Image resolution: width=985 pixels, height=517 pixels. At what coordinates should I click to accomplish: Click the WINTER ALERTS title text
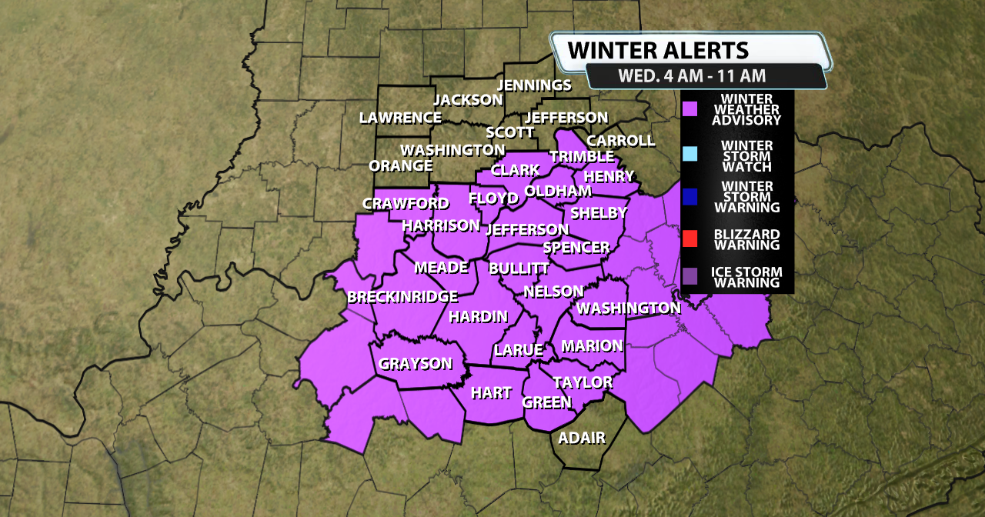(658, 51)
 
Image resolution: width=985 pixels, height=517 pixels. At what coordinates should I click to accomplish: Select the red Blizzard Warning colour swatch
(690, 239)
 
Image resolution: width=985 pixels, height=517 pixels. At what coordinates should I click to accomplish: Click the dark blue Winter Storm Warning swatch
(690, 197)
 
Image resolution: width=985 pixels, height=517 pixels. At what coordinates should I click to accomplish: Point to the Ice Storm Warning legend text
(746, 277)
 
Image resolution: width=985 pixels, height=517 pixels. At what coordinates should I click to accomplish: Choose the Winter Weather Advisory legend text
(746, 110)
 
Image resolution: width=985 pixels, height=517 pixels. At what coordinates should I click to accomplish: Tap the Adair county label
(582, 439)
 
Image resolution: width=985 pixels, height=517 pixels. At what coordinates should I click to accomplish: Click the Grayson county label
(416, 364)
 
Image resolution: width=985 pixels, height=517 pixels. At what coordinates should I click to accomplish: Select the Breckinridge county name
(402, 297)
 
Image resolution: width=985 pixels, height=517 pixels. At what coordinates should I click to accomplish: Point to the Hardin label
(478, 316)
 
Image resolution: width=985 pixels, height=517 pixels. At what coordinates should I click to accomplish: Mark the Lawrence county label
(400, 118)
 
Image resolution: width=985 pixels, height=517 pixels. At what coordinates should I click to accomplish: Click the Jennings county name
(535, 85)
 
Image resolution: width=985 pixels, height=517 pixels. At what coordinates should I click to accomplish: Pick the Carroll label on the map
(620, 141)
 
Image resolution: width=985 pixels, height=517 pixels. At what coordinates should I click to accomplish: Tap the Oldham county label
(558, 191)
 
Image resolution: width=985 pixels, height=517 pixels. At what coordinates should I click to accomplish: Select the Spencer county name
(576, 247)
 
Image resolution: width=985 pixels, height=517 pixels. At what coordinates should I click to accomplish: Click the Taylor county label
(583, 382)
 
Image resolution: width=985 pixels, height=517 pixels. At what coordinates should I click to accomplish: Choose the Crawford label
(406, 203)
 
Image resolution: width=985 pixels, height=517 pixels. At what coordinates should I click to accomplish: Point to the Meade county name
(441, 267)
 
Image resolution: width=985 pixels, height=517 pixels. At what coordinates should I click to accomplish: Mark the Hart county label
(491, 393)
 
